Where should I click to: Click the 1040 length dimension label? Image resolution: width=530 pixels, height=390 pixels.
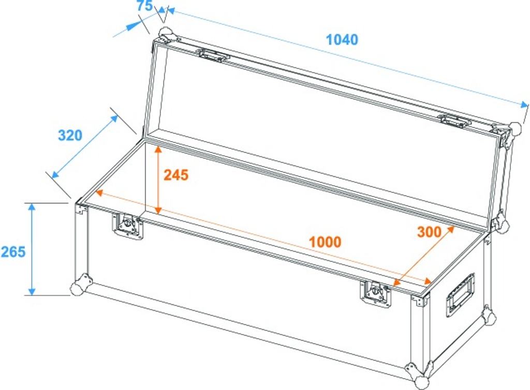tap(342, 39)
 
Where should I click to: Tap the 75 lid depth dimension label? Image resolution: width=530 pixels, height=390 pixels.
tap(145, 6)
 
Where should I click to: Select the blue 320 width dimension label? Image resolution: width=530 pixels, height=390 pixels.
tap(70, 135)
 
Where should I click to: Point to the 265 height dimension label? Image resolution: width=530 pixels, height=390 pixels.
tap(13, 252)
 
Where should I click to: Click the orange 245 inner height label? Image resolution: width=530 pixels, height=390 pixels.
tap(176, 175)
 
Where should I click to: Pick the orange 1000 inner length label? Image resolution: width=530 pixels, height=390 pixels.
tap(325, 242)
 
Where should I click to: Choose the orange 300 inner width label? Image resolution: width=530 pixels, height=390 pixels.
tap(429, 231)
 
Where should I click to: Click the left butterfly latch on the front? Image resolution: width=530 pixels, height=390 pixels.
tap(127, 226)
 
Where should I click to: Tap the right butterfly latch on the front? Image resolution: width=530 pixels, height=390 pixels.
tap(375, 294)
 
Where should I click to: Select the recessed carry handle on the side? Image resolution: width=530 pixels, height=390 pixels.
tap(460, 295)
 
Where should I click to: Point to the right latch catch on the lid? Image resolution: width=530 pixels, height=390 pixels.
tap(454, 121)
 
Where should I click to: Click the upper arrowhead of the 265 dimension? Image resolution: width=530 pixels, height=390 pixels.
tap(32, 207)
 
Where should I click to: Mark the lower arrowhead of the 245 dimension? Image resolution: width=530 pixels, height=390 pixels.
tap(158, 210)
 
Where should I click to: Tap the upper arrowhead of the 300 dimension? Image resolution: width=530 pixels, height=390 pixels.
tap(450, 230)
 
